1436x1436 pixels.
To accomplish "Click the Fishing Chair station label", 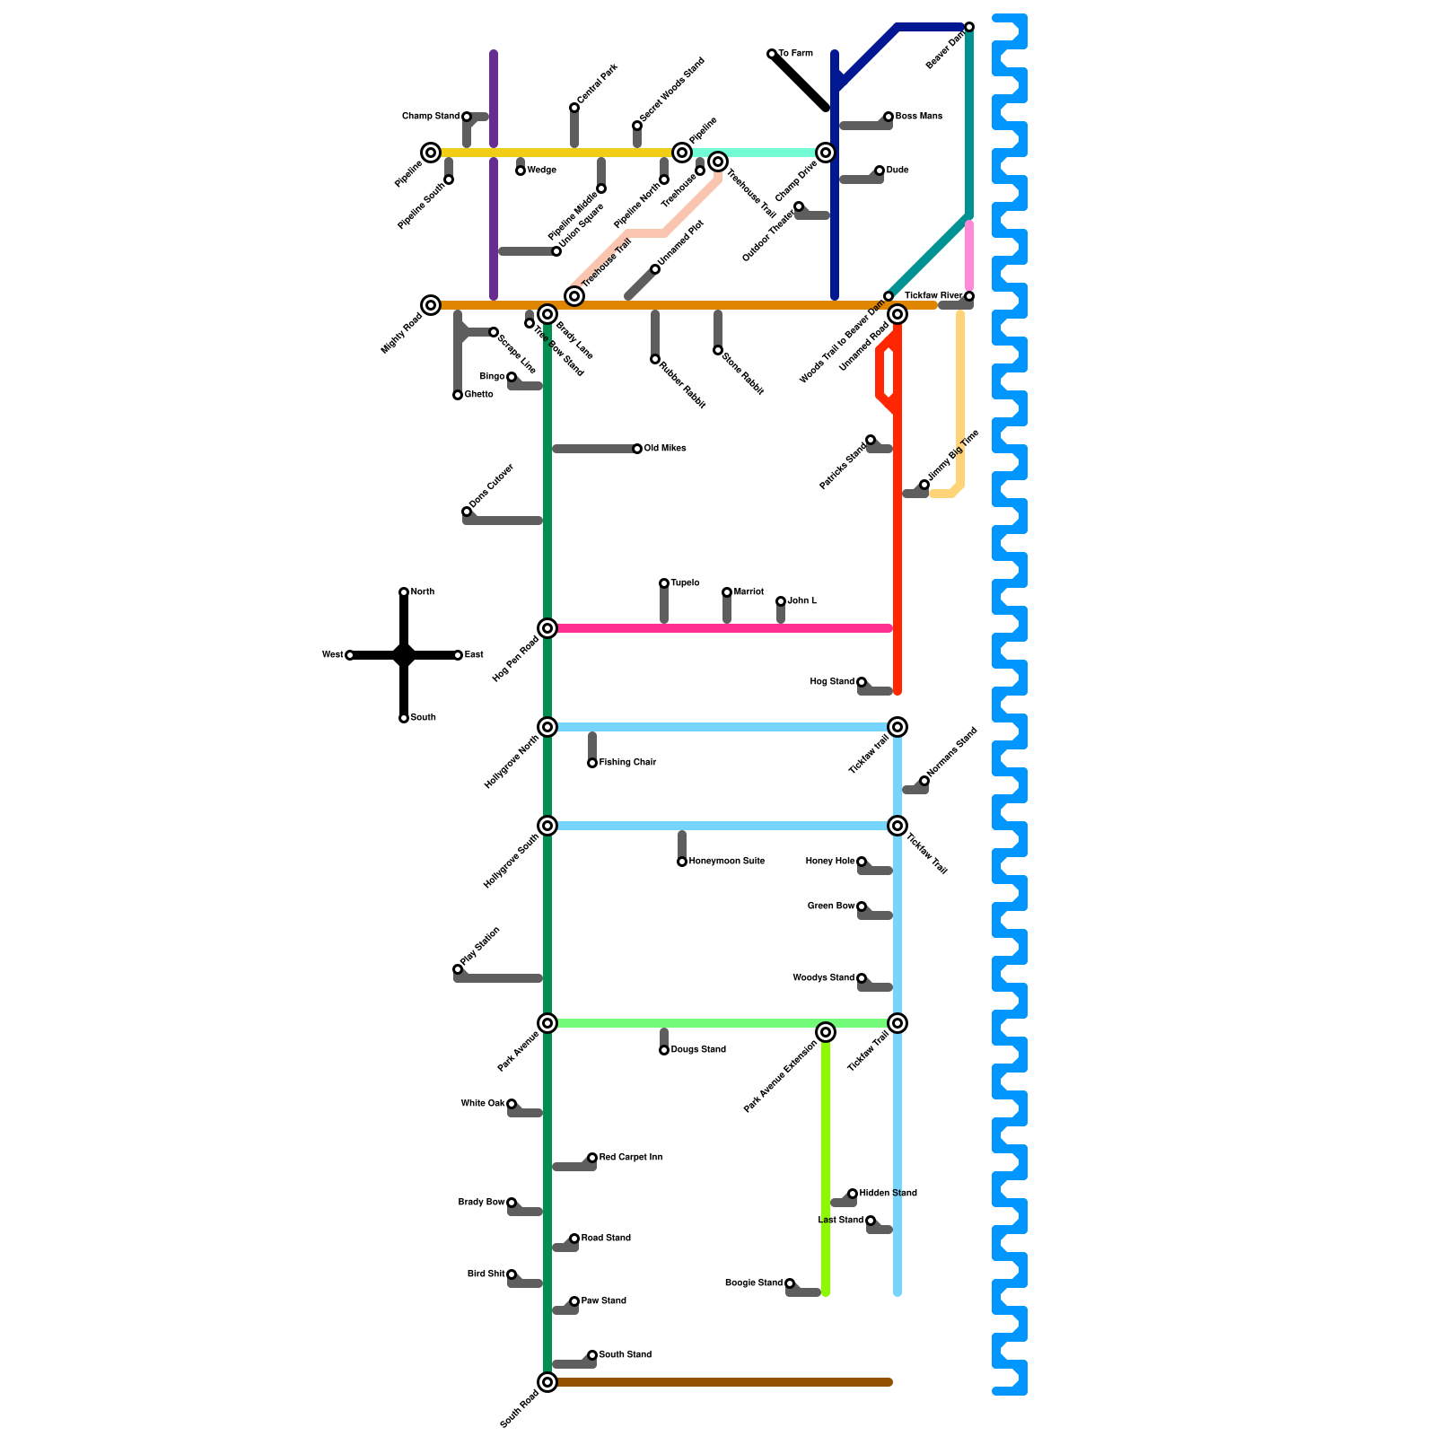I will [x=627, y=763].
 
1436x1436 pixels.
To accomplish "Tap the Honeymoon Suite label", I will [x=726, y=862].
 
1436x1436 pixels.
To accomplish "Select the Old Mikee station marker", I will [x=637, y=449].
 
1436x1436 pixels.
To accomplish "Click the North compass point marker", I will [x=404, y=592].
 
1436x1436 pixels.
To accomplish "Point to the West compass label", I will [x=332, y=655].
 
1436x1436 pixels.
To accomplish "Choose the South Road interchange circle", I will [x=547, y=1382].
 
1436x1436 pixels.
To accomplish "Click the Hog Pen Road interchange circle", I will [x=547, y=628].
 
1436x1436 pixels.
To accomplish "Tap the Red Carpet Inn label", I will [x=630, y=1158].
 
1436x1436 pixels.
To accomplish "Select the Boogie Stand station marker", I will [x=790, y=1283].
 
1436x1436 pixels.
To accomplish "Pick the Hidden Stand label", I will [x=888, y=1194].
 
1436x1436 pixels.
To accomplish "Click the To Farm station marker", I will [x=772, y=54].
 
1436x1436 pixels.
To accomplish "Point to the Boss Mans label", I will [x=918, y=117].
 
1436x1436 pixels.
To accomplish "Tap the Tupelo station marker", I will [x=664, y=583].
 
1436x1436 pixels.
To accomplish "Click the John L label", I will [x=801, y=601].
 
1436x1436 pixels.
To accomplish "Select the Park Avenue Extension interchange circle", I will [x=826, y=1033].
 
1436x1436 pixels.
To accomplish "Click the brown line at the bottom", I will [x=718, y=1382].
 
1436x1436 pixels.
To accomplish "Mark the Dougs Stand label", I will [x=697, y=1050].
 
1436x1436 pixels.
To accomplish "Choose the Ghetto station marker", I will [x=458, y=395].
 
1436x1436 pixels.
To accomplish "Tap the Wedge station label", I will [x=541, y=171].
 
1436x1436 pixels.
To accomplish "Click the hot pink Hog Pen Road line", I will [x=718, y=628].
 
